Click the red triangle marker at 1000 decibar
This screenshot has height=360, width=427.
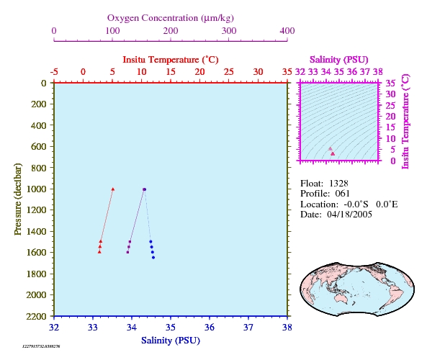(x=113, y=189)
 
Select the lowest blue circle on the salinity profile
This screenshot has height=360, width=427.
(x=153, y=257)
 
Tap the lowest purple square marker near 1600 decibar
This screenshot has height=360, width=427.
(x=127, y=252)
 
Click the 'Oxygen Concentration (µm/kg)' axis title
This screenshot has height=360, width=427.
(x=171, y=18)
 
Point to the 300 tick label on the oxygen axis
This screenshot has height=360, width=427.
(x=229, y=30)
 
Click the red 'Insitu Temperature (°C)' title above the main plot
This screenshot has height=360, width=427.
(x=171, y=60)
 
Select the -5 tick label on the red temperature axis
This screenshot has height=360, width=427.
(x=54, y=71)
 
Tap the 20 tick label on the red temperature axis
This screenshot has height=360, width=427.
(x=199, y=71)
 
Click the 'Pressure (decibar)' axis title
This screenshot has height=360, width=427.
(x=18, y=199)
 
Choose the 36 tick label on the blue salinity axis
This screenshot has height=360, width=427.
(x=210, y=327)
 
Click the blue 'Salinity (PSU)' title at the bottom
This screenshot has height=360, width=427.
(x=171, y=341)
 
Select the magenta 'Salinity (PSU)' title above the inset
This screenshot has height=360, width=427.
(x=338, y=60)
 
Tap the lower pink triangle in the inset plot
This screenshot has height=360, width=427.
(x=333, y=154)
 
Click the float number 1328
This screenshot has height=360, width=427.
(x=338, y=184)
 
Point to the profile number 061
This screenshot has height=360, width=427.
(x=342, y=194)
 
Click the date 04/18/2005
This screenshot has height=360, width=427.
(x=350, y=215)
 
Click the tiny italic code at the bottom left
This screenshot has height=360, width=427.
(x=41, y=346)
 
